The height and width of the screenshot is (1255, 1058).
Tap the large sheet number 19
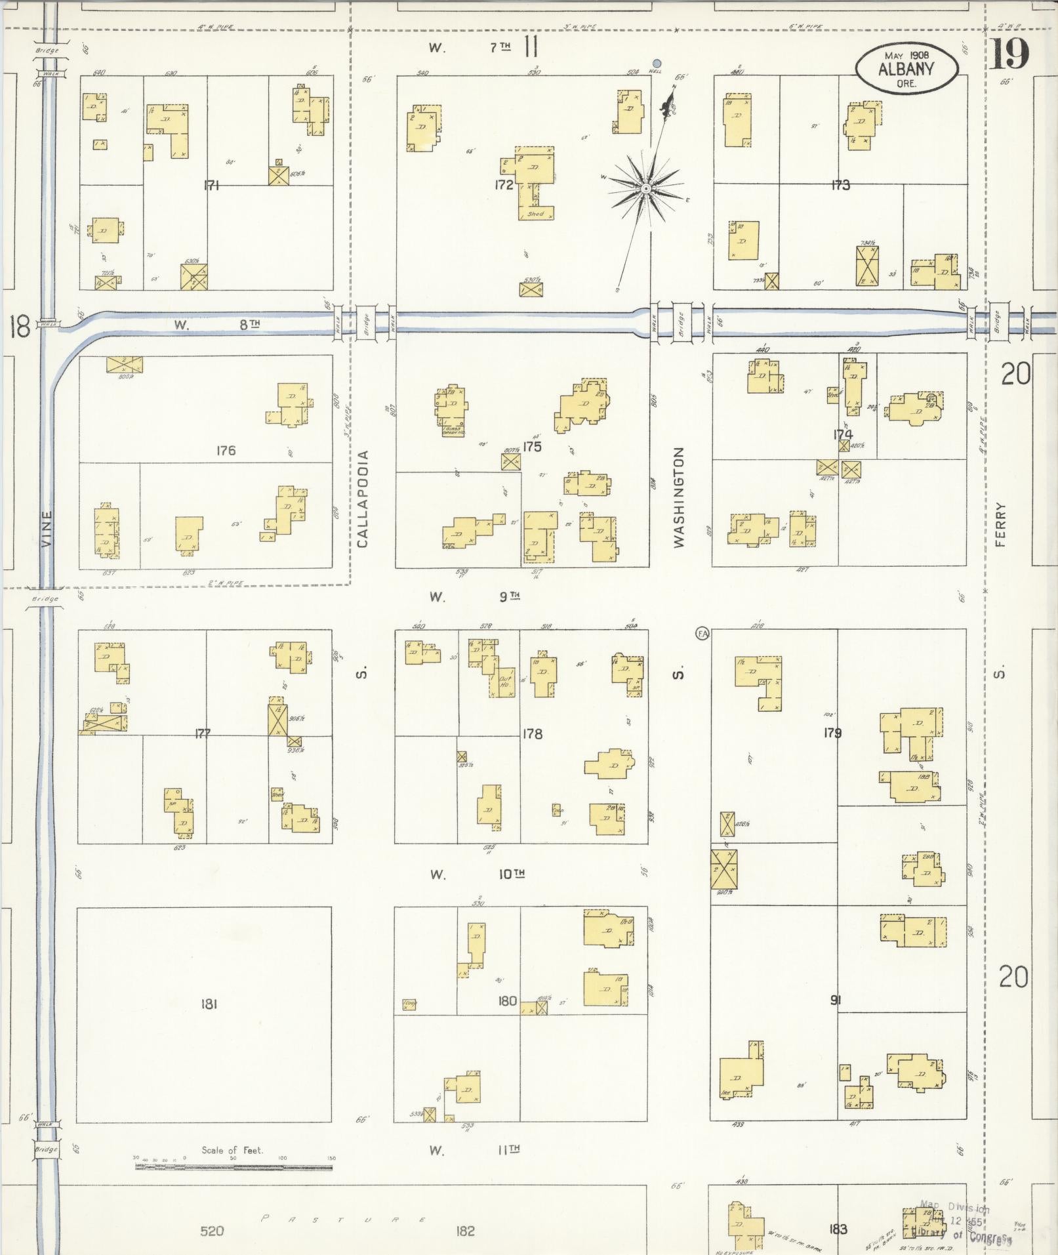click(1009, 54)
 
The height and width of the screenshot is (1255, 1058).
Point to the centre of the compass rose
click(646, 189)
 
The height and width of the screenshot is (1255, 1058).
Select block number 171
click(211, 186)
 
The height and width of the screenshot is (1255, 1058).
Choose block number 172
click(504, 185)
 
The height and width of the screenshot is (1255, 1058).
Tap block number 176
click(225, 451)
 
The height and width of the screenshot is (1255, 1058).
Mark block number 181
click(209, 1003)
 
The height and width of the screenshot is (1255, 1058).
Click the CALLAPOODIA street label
click(363, 498)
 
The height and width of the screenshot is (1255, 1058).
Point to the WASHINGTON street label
click(678, 497)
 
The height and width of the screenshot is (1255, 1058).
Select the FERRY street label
click(1000, 524)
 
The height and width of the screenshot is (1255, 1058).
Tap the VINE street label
click(46, 528)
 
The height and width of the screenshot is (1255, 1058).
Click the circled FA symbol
click(702, 633)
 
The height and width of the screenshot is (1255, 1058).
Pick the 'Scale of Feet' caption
click(232, 1150)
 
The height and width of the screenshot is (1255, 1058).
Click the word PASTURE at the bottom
click(344, 1220)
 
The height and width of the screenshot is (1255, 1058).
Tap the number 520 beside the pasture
click(212, 1231)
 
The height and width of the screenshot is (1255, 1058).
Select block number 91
click(835, 1000)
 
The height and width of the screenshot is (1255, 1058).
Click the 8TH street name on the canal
click(249, 324)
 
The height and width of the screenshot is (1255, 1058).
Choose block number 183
click(838, 1229)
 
